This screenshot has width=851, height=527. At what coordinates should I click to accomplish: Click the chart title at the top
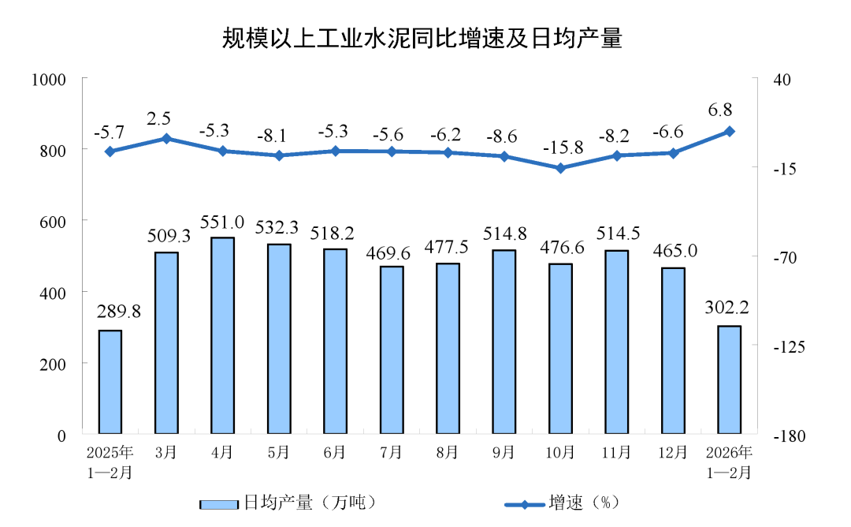coord(422,38)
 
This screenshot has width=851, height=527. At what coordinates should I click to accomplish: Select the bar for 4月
coord(222,335)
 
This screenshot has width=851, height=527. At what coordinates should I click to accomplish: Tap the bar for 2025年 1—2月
coord(110,382)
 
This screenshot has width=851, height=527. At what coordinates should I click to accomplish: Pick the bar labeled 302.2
coord(730,379)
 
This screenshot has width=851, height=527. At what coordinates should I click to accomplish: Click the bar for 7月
coord(392,349)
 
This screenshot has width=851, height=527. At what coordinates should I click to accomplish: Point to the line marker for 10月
coord(561,168)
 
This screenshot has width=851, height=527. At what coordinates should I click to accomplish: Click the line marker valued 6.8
coord(730,131)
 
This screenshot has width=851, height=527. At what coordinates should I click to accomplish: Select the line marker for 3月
coord(166,138)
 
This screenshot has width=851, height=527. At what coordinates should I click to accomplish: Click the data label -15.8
coord(561,148)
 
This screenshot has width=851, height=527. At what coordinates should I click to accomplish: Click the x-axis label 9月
coord(504,453)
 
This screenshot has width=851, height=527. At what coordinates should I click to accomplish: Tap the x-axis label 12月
coord(673,453)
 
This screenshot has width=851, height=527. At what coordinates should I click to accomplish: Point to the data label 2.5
coord(160,119)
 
